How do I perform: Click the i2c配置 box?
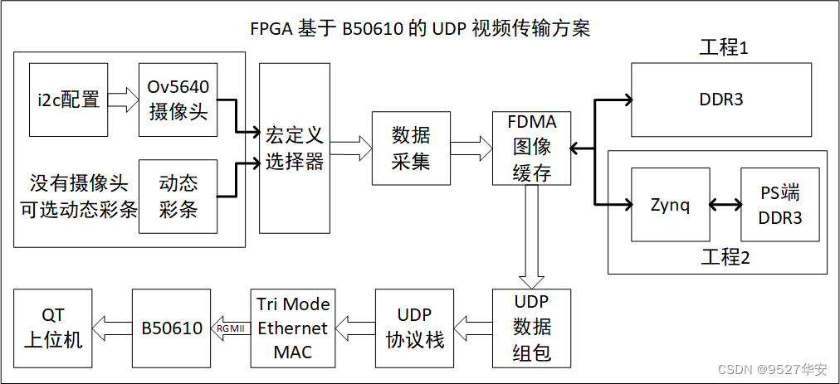68,100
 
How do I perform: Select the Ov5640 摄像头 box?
178,100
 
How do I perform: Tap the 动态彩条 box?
178,197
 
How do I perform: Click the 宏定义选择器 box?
294,148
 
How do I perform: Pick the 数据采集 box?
411,148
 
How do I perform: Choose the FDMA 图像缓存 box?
532,148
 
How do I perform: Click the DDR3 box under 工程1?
720,100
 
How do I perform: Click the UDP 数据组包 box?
532,328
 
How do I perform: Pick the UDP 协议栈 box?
414,328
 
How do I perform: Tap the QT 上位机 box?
51,328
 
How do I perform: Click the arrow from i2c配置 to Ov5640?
123,100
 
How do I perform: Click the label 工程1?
724,47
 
